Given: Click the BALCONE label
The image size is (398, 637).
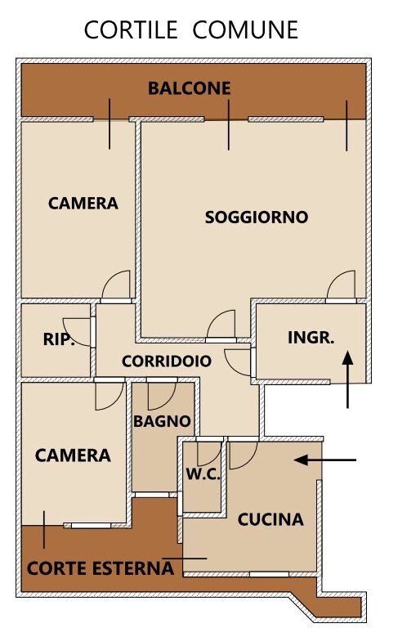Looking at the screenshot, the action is coord(190,88).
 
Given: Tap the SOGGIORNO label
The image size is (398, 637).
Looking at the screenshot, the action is coord(257,217).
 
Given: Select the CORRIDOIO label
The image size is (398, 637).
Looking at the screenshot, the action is coord(167,361).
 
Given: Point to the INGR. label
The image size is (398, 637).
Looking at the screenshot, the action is coord(311,337).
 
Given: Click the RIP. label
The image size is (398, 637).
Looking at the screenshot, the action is coord(60,339).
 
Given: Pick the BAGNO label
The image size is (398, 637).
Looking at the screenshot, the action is coord(162,421).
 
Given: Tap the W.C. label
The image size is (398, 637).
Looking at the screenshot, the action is coord(203,473).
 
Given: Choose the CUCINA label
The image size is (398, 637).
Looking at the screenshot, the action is coord(271,519).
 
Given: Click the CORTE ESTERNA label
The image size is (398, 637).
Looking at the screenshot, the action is coord(101,568).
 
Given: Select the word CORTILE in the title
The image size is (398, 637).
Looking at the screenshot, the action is coord(131,29).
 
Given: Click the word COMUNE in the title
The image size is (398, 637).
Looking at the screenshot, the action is coord(245,29).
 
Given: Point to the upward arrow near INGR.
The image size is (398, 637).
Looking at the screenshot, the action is coord(347,379).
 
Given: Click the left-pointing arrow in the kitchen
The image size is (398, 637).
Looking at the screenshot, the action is coord(325,460).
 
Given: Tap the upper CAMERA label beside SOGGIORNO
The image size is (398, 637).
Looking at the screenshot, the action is coord(83,203).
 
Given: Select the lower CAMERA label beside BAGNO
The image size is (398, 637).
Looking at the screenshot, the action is coord(73,455).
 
